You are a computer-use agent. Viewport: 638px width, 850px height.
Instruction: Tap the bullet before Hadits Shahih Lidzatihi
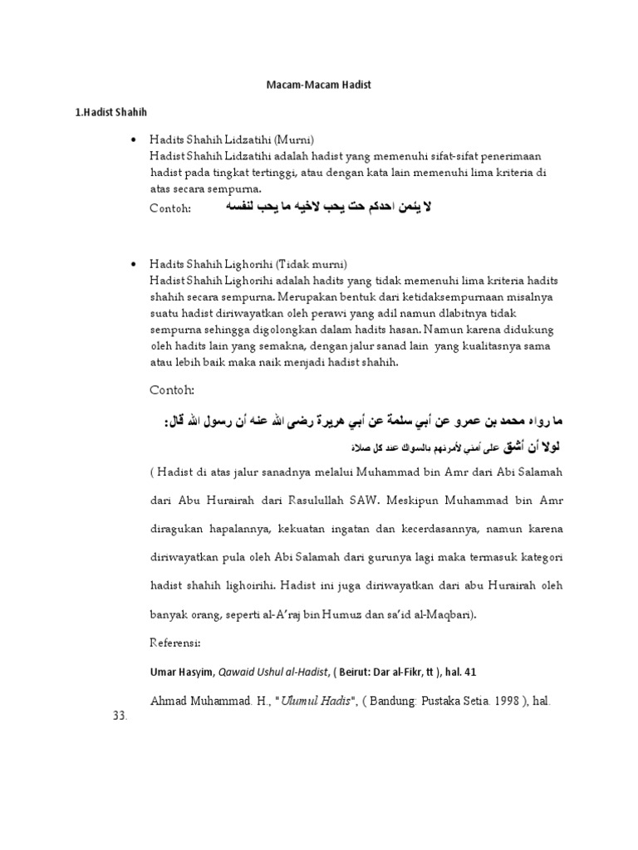[134, 139]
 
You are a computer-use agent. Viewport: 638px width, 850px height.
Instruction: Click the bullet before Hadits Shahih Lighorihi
[134, 263]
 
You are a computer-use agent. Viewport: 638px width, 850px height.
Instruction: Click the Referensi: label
[177, 643]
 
